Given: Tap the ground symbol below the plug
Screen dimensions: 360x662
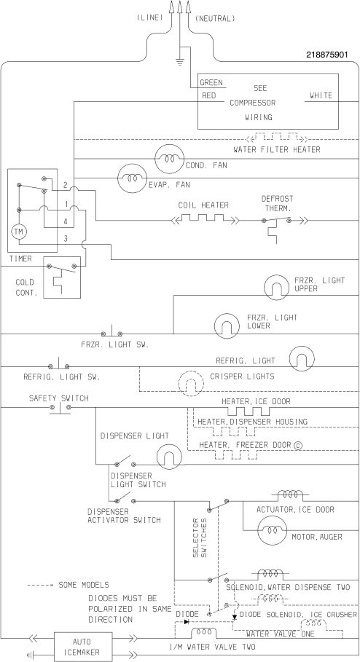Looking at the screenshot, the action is point(180,63).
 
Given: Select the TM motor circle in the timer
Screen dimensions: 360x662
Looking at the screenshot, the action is point(19,232).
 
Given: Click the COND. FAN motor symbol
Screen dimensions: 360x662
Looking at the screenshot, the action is point(170,159).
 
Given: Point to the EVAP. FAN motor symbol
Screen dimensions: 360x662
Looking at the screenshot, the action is point(132,178).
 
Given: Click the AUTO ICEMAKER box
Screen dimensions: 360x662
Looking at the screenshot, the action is point(83,647).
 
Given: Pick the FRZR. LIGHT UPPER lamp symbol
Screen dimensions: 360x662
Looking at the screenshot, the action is point(276,287).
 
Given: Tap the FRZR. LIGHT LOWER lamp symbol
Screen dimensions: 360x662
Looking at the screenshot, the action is point(227,326).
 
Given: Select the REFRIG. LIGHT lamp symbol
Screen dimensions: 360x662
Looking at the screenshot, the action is point(302,359).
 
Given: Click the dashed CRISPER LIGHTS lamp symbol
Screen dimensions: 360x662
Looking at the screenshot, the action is point(190,384).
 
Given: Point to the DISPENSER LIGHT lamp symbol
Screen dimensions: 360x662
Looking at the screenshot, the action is point(169,457).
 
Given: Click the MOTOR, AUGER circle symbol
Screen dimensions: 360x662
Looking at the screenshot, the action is point(272,530).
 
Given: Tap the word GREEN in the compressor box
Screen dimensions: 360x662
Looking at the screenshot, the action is point(211,83).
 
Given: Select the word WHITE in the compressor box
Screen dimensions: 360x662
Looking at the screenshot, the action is point(321,96).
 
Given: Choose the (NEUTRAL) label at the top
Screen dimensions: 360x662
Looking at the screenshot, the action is point(215,19).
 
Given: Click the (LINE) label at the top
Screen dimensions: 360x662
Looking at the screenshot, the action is point(149,17).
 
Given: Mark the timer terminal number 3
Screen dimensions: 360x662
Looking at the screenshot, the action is point(66,239).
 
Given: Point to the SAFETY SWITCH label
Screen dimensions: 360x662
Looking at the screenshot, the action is point(59,398).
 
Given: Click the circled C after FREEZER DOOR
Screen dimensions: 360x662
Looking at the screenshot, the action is point(298,445).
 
